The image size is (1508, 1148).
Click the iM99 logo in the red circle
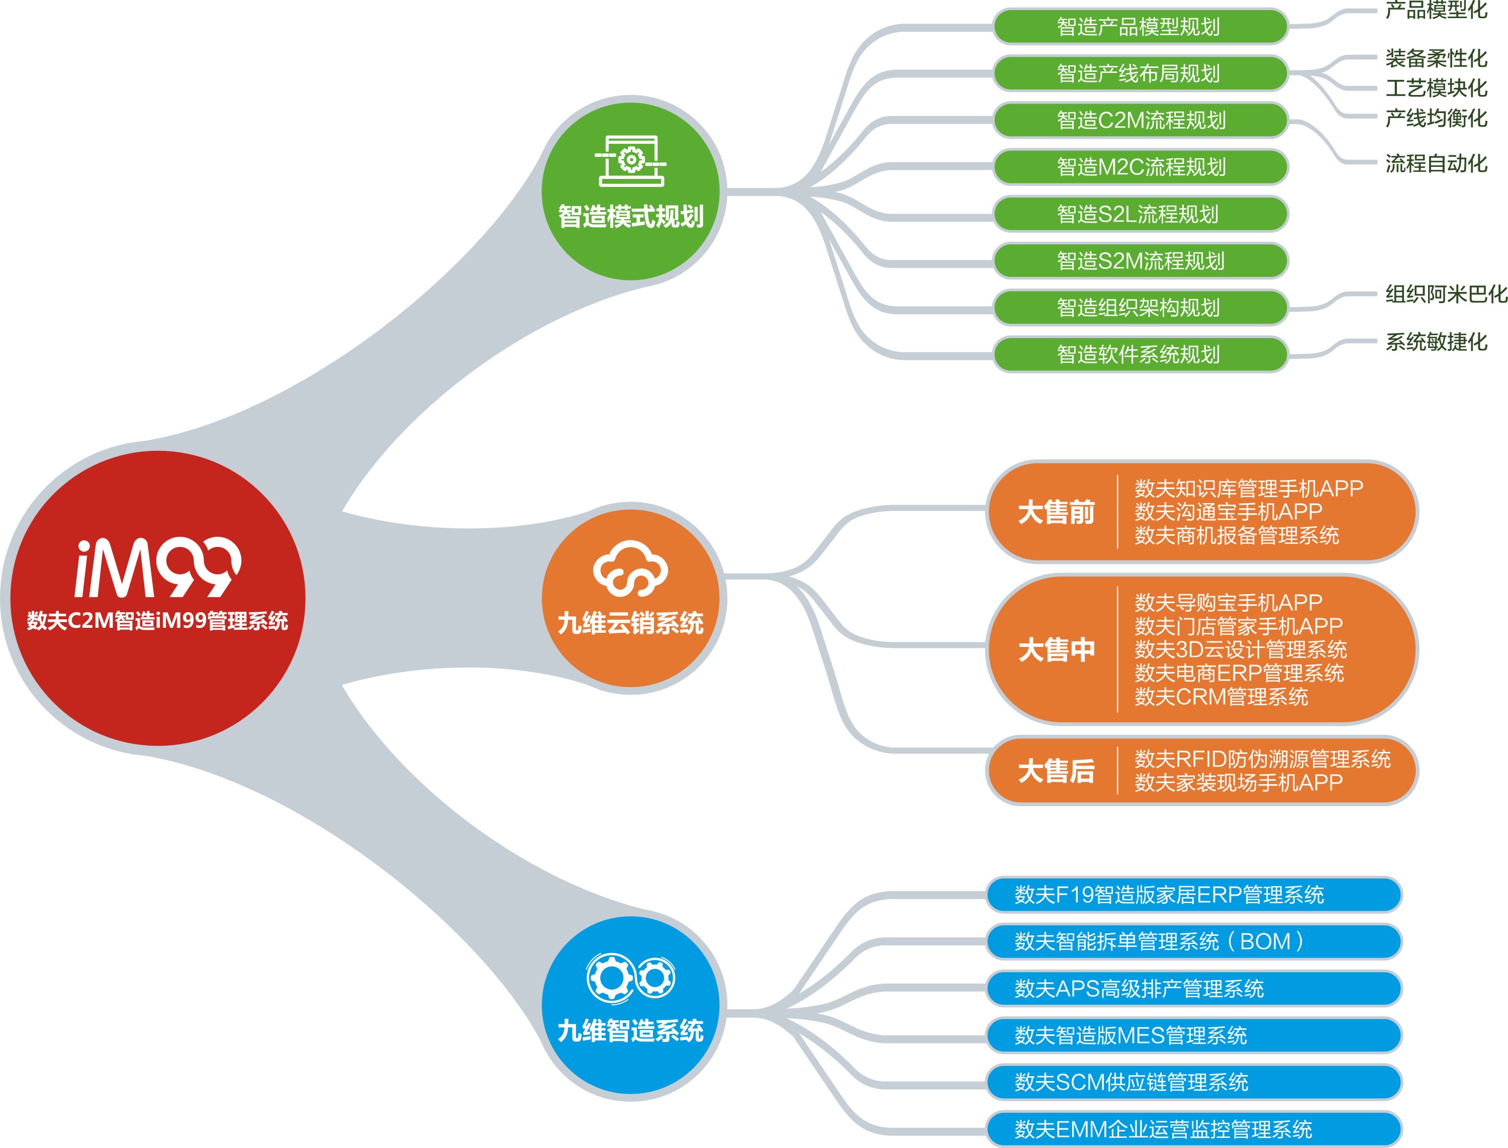click(158, 567)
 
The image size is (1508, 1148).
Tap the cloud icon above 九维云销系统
click(630, 568)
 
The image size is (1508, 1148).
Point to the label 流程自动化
click(1436, 163)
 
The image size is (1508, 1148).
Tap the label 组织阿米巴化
click(1446, 294)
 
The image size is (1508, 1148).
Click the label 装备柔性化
click(1436, 58)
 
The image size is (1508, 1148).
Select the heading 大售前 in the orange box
click(1056, 512)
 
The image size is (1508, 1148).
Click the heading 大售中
click(1056, 649)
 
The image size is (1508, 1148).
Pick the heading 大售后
click(1056, 771)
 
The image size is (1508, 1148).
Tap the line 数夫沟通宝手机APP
click(1228, 511)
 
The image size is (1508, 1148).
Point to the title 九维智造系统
click(630, 1030)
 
